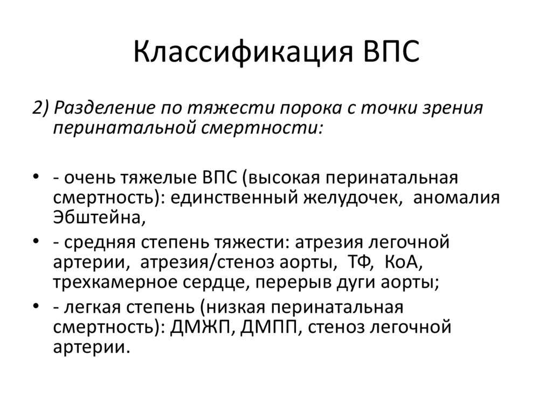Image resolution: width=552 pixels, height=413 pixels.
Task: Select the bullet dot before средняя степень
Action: tap(35, 242)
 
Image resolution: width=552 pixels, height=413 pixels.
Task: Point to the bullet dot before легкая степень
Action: tap(35, 307)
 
